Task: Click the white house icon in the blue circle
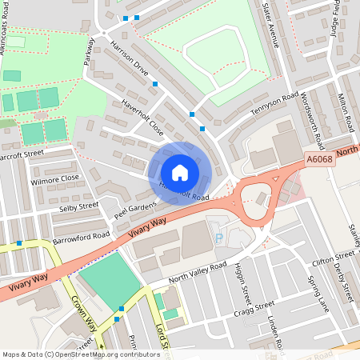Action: pyautogui.click(x=180, y=173)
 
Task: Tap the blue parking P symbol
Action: pyautogui.click(x=218, y=238)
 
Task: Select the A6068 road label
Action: pyautogui.click(x=319, y=160)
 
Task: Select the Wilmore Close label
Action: pyautogui.click(x=55, y=178)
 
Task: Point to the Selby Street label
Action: pyautogui.click(x=78, y=206)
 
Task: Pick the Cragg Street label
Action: pyautogui.click(x=254, y=308)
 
